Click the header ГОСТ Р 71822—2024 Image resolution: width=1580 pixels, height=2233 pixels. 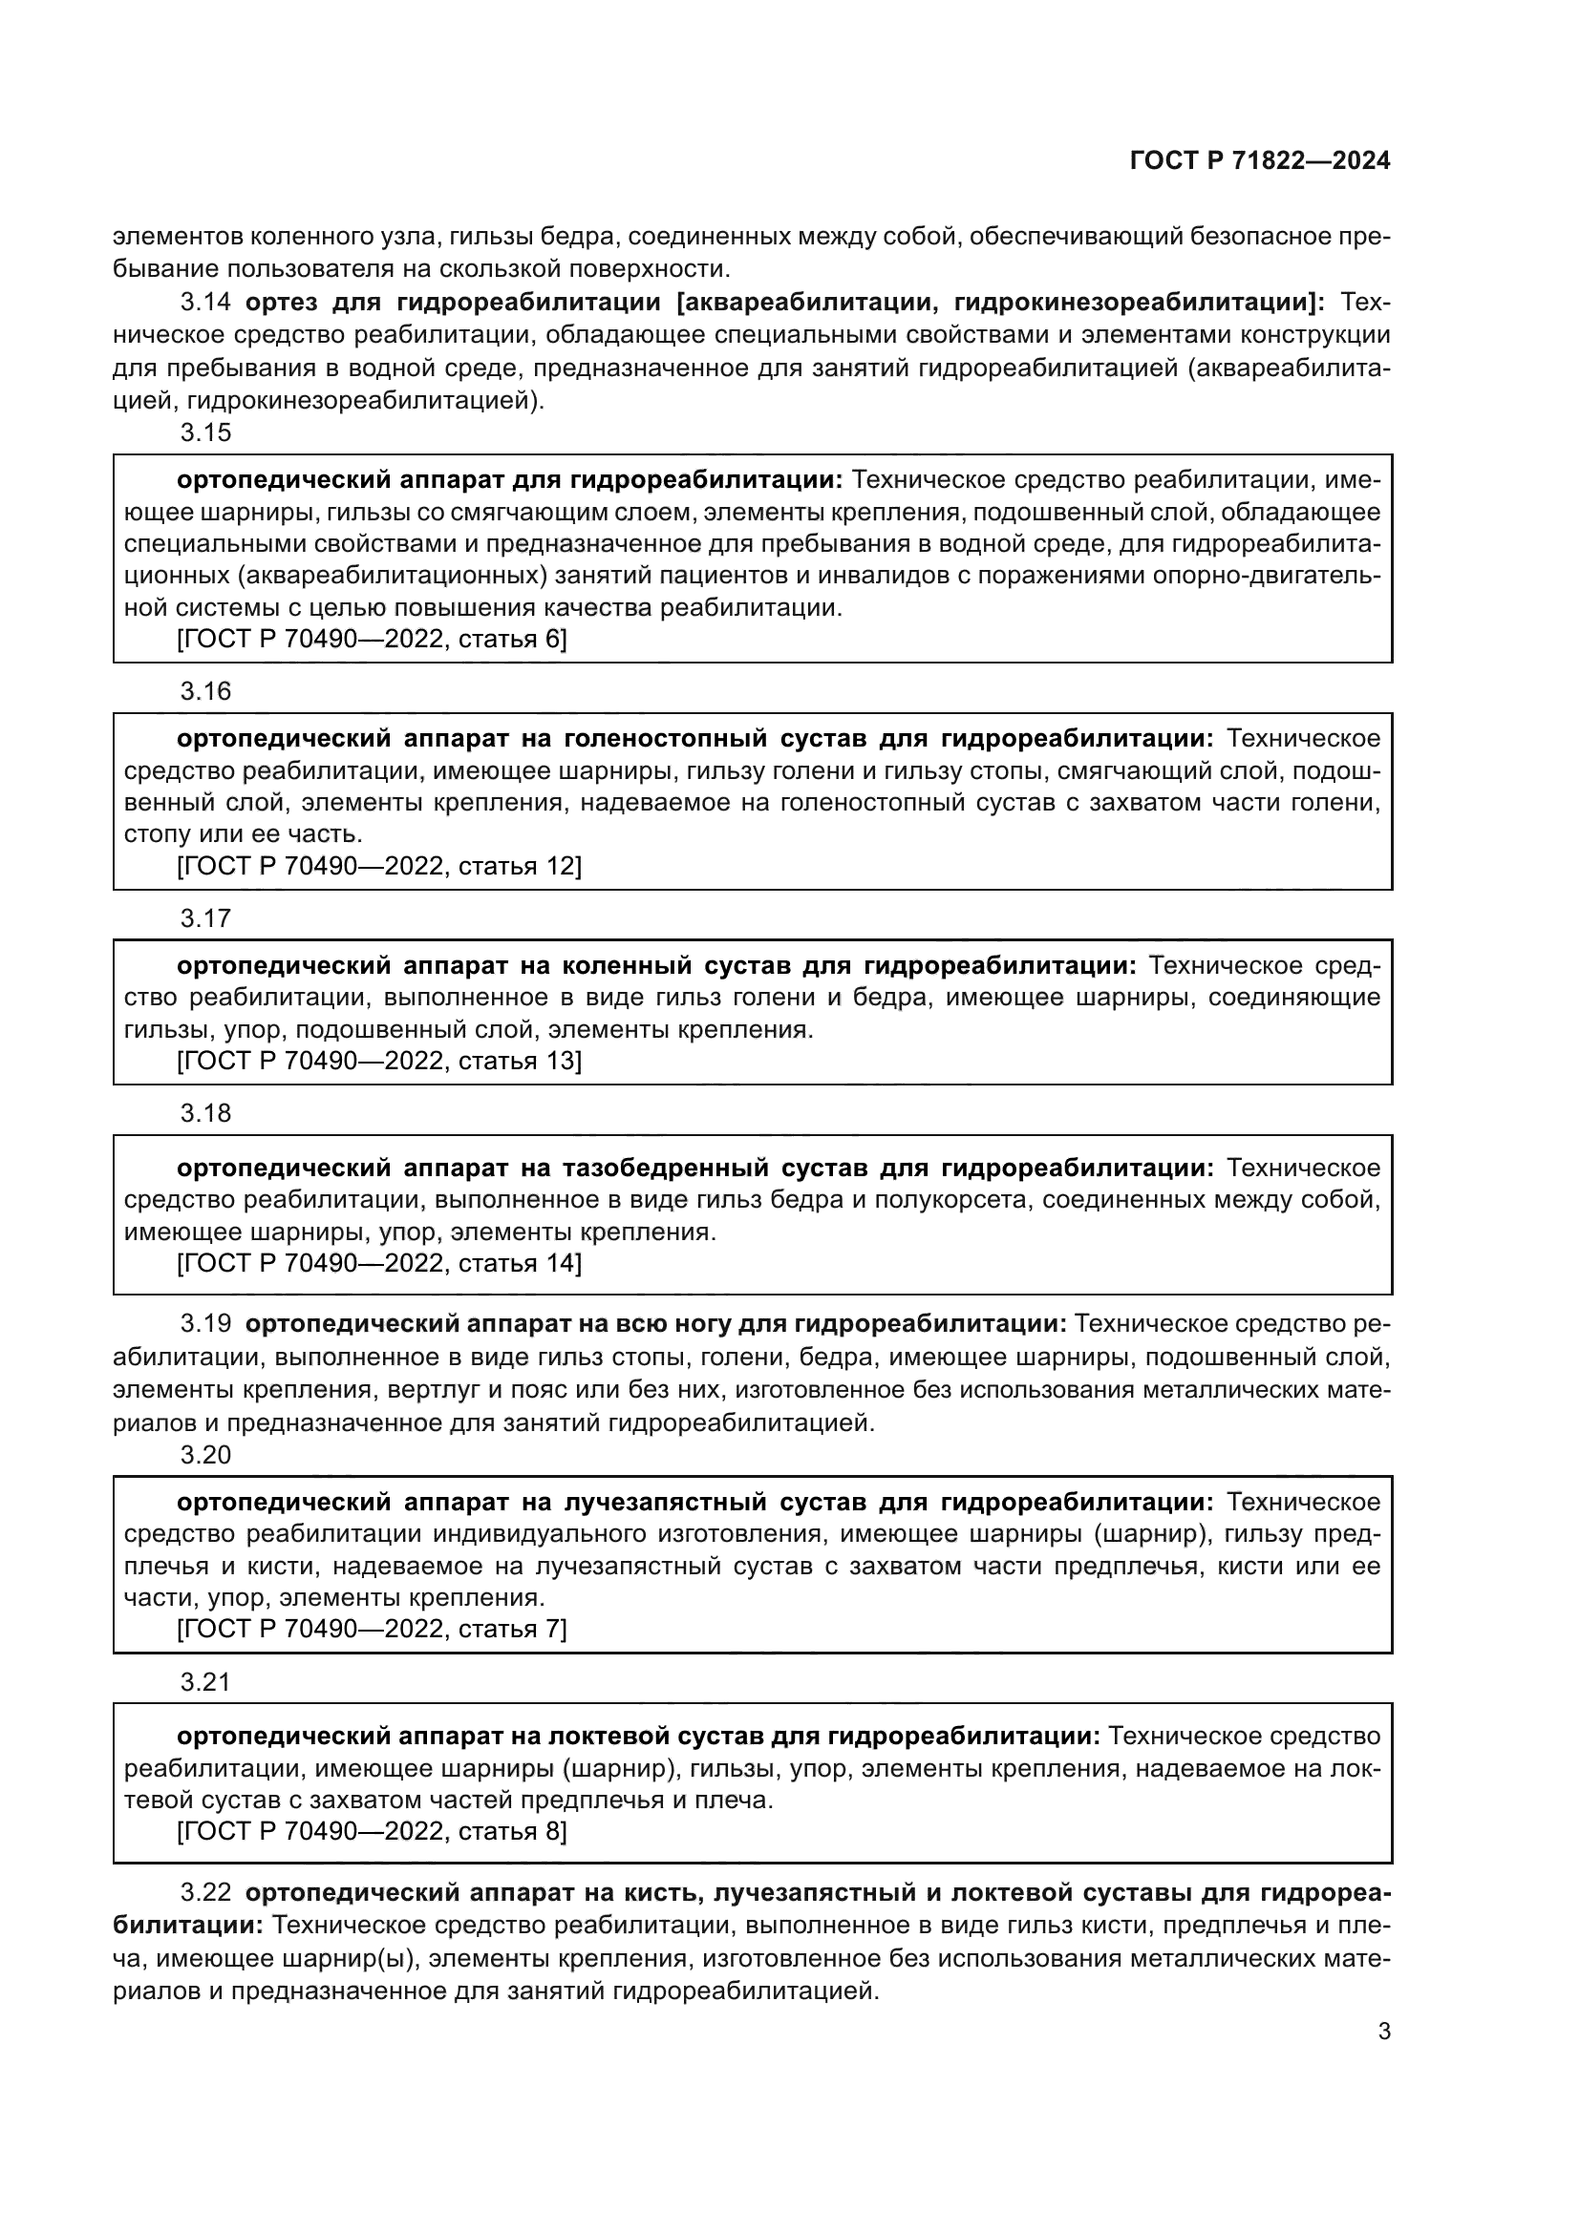coord(1259,161)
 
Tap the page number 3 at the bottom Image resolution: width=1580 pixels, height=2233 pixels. coord(1383,2032)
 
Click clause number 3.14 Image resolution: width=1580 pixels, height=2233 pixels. coord(206,303)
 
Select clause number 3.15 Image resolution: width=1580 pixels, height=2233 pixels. coord(206,432)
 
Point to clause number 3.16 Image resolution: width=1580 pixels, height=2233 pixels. coord(206,691)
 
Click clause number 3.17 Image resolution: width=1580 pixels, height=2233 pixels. coord(206,918)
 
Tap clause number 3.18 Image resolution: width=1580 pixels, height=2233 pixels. coord(206,1112)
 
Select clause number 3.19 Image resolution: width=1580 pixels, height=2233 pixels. coord(206,1323)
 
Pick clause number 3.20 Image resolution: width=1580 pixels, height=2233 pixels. coord(206,1455)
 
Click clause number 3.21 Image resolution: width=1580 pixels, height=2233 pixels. coord(206,1681)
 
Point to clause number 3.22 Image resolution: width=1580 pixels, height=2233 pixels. coord(206,1892)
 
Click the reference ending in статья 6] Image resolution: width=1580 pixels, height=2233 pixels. coord(371,639)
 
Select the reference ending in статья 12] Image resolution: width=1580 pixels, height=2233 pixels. coord(378,866)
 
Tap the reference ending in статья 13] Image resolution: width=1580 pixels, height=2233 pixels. coord(378,1060)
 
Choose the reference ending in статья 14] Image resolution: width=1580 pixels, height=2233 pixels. coord(378,1263)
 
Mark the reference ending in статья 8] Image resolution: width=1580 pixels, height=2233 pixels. coord(371,1831)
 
